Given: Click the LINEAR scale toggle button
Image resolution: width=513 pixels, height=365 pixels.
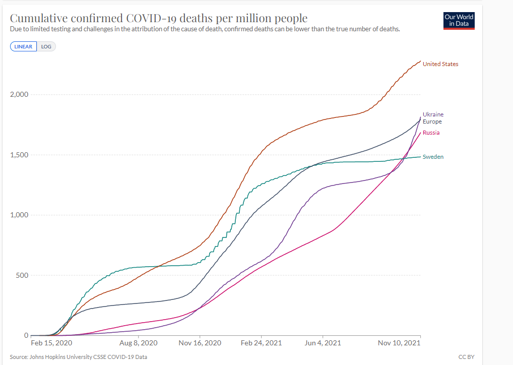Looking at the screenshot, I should click(23, 46).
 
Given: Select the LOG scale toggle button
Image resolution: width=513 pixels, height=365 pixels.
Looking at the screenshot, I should click(46, 46).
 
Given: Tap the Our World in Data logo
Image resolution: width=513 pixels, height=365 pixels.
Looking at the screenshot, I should click(459, 20).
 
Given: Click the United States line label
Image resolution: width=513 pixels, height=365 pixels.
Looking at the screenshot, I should click(440, 64).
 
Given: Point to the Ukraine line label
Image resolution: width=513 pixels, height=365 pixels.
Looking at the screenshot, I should click(433, 114).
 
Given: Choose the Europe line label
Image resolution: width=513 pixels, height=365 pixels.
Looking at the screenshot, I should click(432, 121).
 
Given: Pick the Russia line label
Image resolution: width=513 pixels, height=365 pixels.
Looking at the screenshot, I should click(431, 133).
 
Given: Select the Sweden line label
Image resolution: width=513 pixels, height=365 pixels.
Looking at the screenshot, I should click(433, 157).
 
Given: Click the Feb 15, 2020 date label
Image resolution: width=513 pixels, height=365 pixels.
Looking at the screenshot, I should click(52, 343).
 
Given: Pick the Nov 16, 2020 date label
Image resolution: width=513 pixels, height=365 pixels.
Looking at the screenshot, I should click(200, 343).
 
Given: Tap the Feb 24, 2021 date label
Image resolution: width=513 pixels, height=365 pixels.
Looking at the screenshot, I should click(262, 343).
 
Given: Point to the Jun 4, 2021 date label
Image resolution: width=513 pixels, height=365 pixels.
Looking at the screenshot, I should click(323, 343).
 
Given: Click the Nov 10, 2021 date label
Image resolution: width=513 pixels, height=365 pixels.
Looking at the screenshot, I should click(400, 343).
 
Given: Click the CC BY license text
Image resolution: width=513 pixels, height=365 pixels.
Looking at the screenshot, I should click(467, 357).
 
